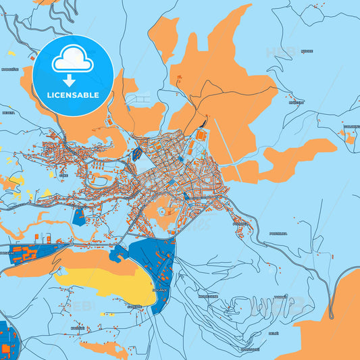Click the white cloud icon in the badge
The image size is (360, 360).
(72, 59)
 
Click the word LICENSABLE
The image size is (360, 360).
(73, 95)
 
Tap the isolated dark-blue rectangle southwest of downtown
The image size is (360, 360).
(78, 216)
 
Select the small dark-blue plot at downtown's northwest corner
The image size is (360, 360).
(138, 153)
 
